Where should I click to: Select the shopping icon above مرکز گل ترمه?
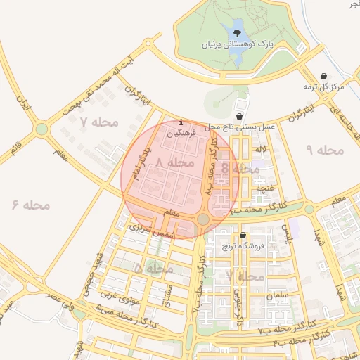tap(323, 75)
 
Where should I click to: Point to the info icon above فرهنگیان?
tap(182, 121)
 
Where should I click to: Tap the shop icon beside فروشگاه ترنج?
tap(243, 236)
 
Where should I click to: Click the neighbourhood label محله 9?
tap(323, 150)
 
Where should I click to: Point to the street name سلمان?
tap(278, 296)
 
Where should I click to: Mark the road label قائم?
tap(15, 148)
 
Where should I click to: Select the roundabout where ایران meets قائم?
tap(42, 129)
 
